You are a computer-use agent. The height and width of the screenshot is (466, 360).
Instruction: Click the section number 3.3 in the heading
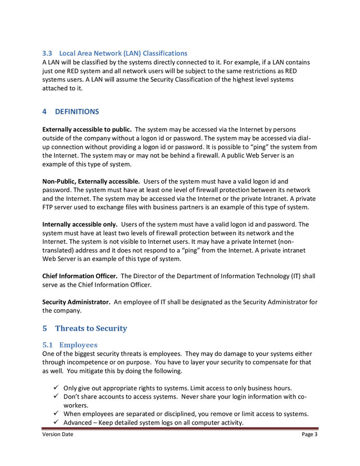click(x=47, y=53)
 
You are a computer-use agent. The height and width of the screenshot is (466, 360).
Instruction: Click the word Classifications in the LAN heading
click(x=165, y=53)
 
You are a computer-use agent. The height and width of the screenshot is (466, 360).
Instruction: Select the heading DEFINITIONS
click(x=77, y=111)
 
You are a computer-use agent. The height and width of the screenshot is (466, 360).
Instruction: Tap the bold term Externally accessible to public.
click(x=87, y=128)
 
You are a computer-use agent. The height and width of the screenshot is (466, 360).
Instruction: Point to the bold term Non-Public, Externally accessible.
click(x=91, y=181)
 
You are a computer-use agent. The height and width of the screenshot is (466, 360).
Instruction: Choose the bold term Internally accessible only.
click(x=80, y=224)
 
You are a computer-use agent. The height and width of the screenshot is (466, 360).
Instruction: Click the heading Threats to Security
click(x=91, y=328)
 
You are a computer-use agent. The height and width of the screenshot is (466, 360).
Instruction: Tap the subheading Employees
click(x=78, y=344)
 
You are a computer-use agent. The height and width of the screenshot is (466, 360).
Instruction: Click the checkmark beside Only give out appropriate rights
click(x=55, y=388)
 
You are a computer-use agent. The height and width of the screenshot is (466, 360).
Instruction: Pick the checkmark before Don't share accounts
click(x=55, y=397)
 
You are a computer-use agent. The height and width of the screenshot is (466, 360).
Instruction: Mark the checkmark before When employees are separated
click(x=55, y=414)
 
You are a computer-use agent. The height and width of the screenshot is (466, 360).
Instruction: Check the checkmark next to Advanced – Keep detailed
click(x=55, y=423)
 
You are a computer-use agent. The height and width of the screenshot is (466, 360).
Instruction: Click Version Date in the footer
click(x=57, y=434)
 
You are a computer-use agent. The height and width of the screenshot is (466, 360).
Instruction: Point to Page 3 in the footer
click(x=309, y=434)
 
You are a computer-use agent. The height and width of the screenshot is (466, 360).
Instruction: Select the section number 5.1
click(x=48, y=344)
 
